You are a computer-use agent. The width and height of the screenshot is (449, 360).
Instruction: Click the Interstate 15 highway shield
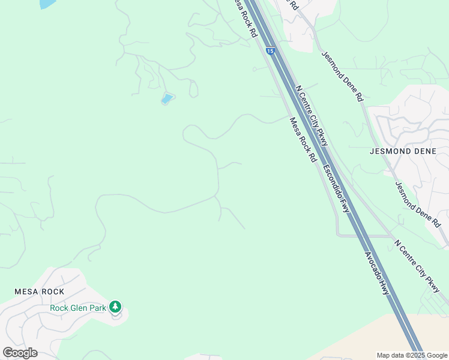[x=270, y=52]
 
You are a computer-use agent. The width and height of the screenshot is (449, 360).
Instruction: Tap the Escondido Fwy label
[x=336, y=188]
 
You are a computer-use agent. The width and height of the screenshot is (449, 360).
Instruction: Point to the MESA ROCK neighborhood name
[x=39, y=292]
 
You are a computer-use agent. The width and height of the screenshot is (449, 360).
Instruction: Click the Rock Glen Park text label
[x=77, y=308]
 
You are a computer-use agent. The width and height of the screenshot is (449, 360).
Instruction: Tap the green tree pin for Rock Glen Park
[x=115, y=307]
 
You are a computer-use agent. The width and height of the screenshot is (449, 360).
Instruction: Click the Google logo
[x=20, y=353]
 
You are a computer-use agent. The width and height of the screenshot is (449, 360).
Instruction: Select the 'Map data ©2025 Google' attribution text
[x=411, y=355]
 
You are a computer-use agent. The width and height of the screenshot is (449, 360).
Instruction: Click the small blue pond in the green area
[x=167, y=98]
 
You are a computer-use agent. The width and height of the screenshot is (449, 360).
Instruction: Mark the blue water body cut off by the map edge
[x=47, y=4]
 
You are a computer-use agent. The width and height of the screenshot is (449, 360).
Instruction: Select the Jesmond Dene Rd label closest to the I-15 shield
[x=343, y=76]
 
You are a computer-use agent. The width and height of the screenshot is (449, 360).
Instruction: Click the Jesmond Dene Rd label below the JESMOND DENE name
[x=417, y=204]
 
